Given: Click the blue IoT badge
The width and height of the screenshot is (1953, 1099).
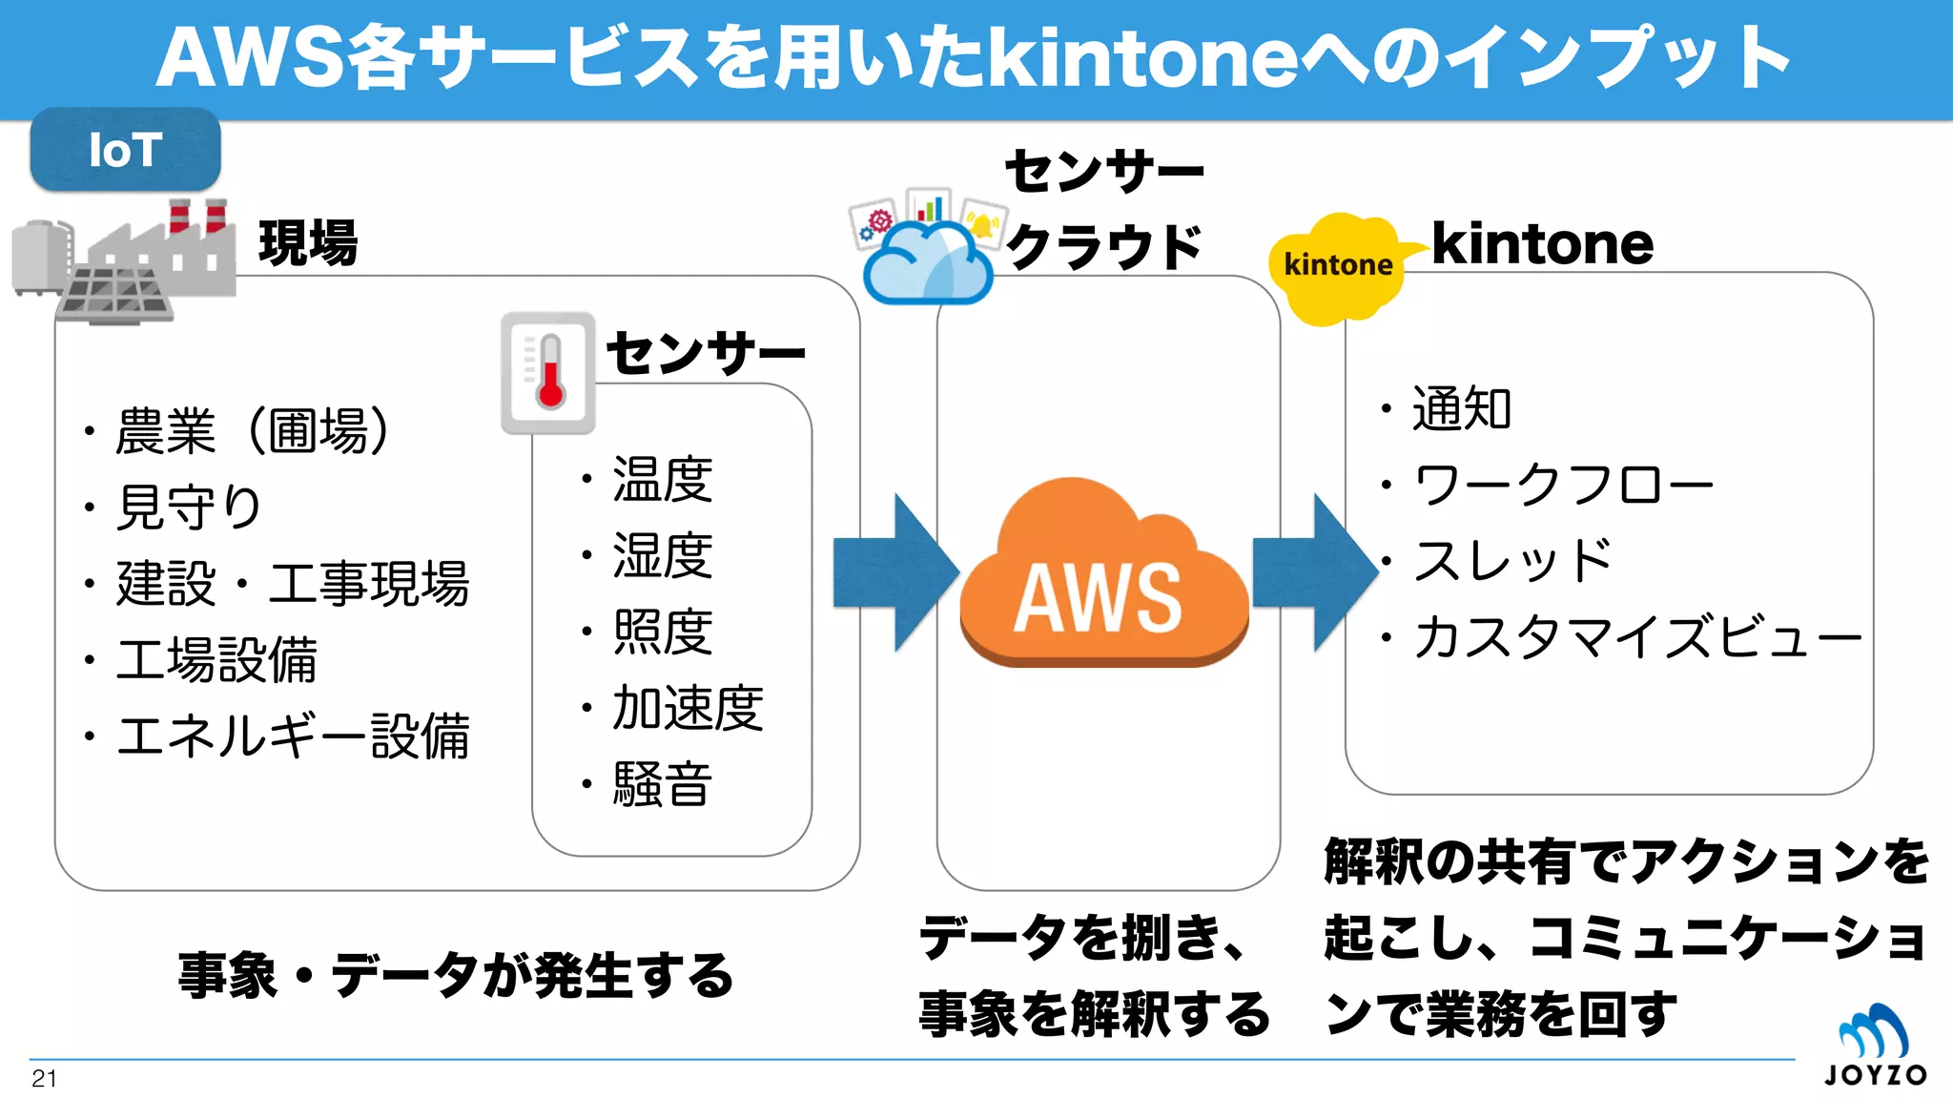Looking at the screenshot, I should (x=125, y=150).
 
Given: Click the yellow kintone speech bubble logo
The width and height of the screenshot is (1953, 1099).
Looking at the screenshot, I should (x=1337, y=266).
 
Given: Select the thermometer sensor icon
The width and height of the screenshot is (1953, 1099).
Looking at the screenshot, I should (x=548, y=373).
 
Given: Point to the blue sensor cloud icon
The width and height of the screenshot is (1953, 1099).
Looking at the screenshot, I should (x=926, y=253).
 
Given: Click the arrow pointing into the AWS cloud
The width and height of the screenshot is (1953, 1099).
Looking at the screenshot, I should (x=893, y=572).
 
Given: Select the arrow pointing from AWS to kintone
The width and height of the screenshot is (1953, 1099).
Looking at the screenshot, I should (x=1312, y=572).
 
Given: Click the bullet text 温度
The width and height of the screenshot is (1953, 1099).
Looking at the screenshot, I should (x=662, y=479).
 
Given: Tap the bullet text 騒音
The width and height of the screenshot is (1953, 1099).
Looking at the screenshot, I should (x=662, y=784).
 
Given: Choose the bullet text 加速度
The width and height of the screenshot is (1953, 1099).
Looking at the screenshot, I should (x=687, y=708).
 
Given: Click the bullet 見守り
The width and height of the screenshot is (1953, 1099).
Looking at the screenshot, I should (x=188, y=507).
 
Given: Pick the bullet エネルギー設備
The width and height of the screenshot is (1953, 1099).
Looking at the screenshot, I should (x=292, y=736).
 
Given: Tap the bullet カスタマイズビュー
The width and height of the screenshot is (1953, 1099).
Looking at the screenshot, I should (x=1636, y=636).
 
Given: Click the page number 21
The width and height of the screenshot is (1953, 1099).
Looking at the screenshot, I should (x=44, y=1079).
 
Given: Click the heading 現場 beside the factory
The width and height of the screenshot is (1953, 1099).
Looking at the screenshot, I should (x=308, y=243).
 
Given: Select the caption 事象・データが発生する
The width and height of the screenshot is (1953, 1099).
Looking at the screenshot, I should (x=456, y=976).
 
